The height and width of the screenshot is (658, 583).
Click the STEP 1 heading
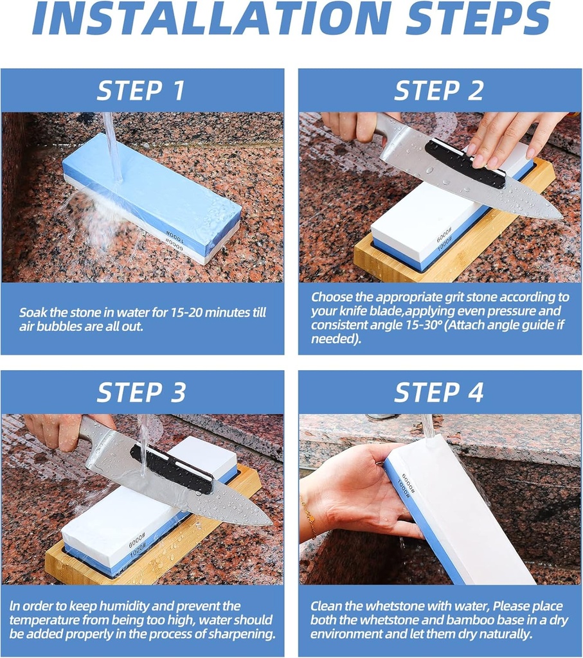tap(141, 91)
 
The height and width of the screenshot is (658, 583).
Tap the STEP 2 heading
tap(438, 91)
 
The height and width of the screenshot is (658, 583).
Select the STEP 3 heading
tap(141, 392)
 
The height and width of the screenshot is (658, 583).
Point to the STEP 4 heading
tap(438, 392)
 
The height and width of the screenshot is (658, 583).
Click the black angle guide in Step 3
tap(171, 469)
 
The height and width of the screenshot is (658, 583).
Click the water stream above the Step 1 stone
tap(112, 145)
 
